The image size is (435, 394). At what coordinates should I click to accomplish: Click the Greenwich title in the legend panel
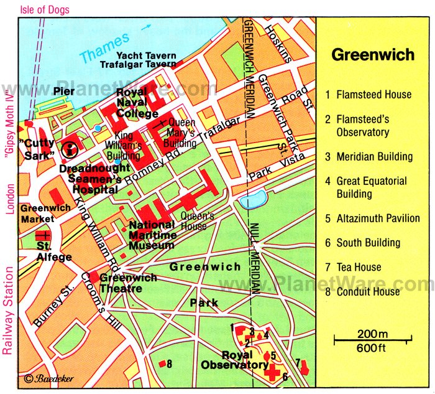pos(372,55)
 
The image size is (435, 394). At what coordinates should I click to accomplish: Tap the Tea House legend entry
pos(359,267)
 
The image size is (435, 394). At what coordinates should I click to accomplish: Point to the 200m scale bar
pos(372,340)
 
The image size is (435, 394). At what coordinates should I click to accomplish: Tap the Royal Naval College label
pos(137,104)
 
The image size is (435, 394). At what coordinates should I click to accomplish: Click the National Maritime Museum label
pos(152,235)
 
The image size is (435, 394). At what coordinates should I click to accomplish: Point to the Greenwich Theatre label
pos(129,283)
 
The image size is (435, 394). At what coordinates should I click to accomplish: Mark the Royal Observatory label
pos(234,360)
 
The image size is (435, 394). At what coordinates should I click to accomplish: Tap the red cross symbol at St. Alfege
pos(43,236)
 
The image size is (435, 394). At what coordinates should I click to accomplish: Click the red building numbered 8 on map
pos(162,364)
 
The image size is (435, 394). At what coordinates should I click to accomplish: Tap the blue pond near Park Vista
pos(254,202)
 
